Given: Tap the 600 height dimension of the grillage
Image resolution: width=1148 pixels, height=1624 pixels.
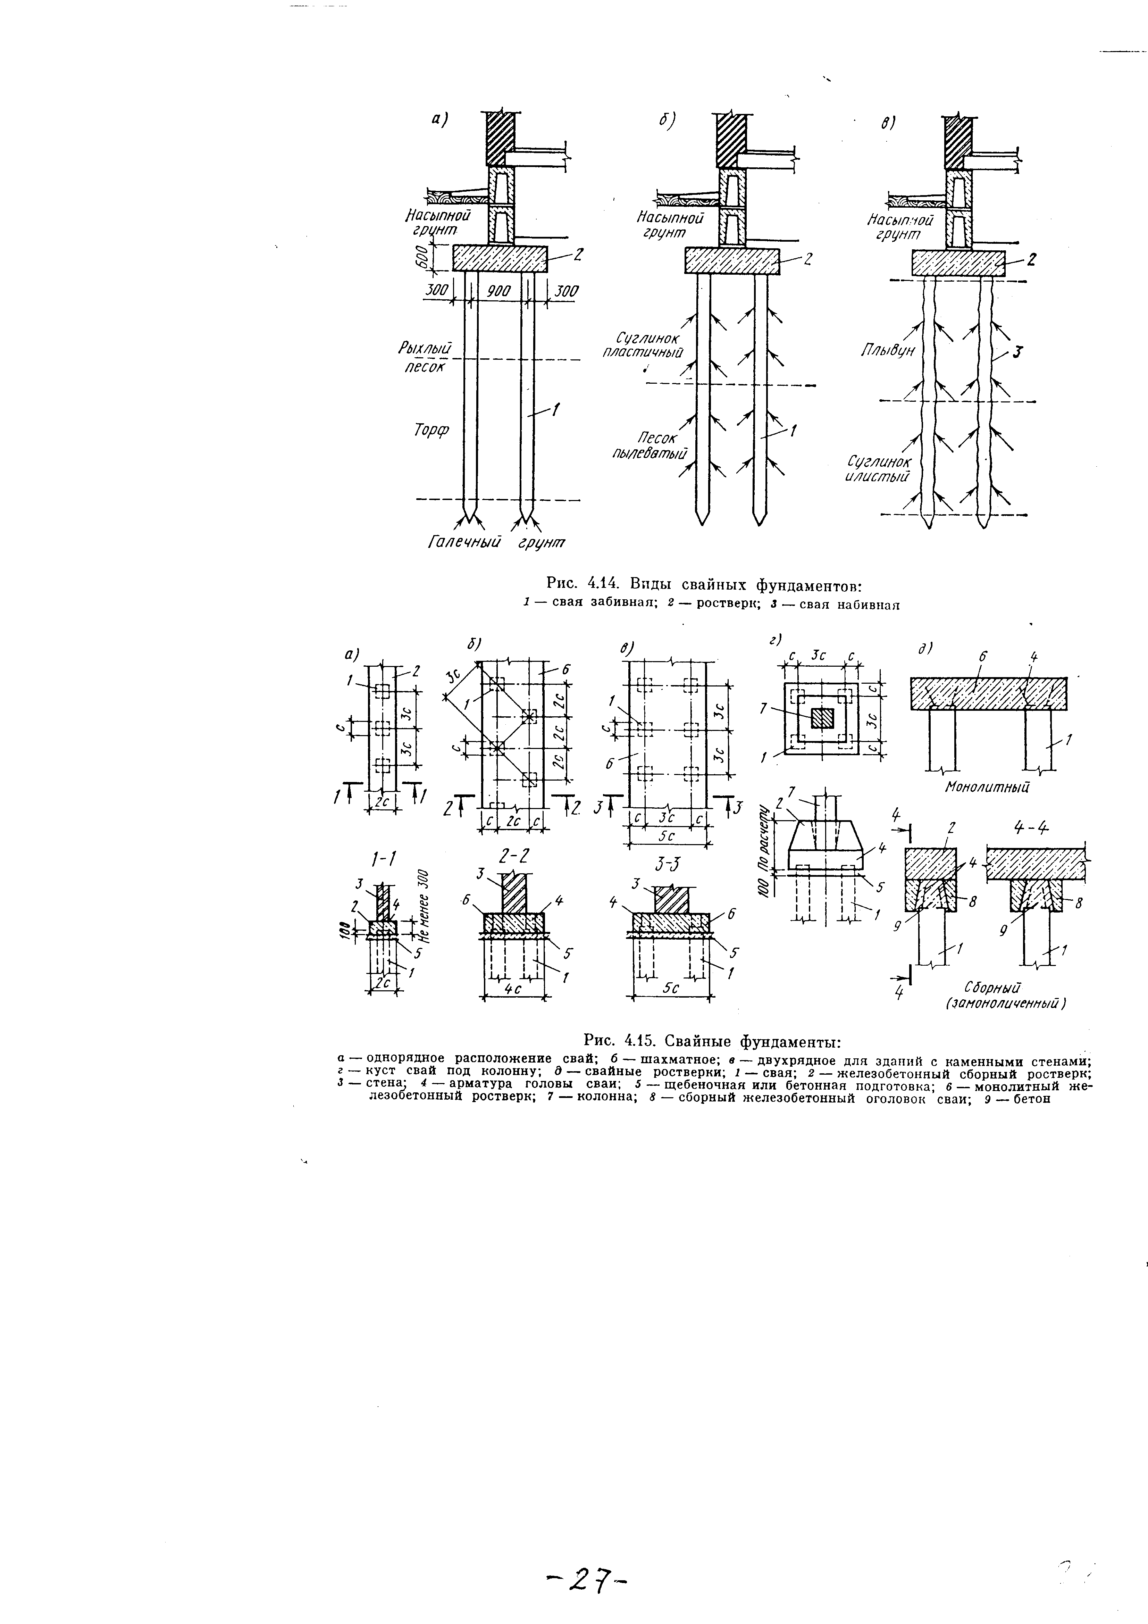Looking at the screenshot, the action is point(421,256).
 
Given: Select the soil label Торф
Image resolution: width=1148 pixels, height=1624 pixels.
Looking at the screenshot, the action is point(432,429).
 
